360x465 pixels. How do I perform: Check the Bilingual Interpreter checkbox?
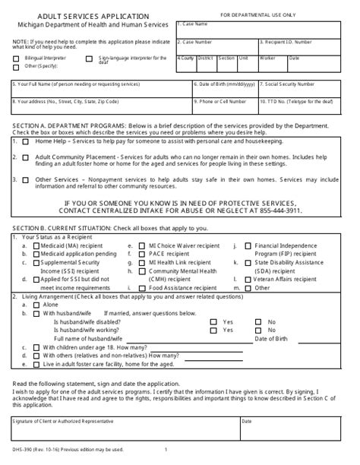[16, 58]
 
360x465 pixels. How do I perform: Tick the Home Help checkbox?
[26, 140]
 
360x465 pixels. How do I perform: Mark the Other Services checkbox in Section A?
[26, 179]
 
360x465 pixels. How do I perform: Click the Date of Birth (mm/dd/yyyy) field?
[225, 90]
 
